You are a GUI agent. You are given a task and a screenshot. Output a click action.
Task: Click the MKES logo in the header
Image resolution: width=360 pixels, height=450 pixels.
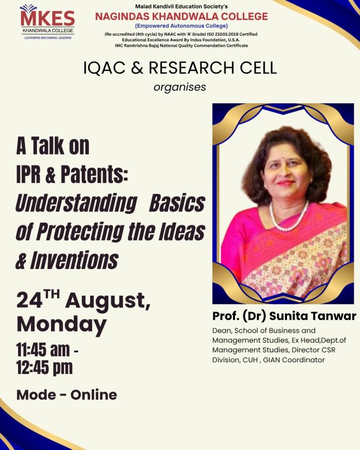[48, 22]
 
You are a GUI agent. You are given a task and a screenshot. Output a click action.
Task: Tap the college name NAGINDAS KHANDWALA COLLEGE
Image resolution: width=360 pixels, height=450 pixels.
[182, 16]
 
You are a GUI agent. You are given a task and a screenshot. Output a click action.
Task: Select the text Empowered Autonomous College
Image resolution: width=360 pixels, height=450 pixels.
[182, 26]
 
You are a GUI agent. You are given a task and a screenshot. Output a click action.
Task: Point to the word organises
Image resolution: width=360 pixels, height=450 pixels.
[179, 87]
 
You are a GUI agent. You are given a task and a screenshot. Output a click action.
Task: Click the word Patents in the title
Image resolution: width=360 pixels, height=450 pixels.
[94, 174]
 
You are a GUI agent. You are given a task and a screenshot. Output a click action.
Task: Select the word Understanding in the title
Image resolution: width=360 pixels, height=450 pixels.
[76, 204]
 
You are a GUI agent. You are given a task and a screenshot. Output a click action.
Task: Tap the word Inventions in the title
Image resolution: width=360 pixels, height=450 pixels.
[75, 260]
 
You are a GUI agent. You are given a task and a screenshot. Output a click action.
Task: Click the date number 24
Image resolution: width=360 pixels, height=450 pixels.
[29, 300]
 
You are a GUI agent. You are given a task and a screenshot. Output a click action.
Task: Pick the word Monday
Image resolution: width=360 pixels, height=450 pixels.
[62, 325]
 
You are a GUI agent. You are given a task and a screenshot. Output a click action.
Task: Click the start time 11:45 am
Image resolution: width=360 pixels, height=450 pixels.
[43, 350]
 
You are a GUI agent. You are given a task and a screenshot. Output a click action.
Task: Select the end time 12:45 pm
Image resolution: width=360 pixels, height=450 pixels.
[45, 368]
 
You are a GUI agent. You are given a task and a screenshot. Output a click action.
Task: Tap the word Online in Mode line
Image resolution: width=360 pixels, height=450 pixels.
[94, 395]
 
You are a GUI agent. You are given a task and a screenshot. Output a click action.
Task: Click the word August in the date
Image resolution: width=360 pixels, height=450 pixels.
[107, 301]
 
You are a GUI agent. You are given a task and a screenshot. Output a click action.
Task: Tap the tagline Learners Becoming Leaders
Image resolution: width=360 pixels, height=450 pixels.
[48, 38]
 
